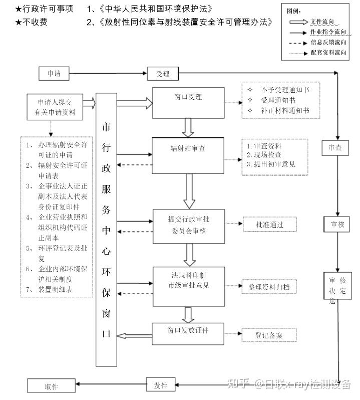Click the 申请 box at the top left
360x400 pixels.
[54, 74]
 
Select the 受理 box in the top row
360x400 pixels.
[162, 74]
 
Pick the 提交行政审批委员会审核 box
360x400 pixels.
[188, 224]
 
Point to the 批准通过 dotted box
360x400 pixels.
[269, 225]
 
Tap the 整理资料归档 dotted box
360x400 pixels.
[269, 287]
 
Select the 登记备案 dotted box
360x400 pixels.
[269, 335]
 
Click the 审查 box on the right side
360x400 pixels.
[335, 148]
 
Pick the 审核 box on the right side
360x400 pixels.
[335, 224]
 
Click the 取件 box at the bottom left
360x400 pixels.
[52, 386]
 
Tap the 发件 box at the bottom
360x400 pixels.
[160, 385]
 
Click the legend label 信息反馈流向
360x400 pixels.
[328, 42]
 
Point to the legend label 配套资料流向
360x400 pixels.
[328, 52]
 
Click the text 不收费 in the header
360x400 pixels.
[37, 22]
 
